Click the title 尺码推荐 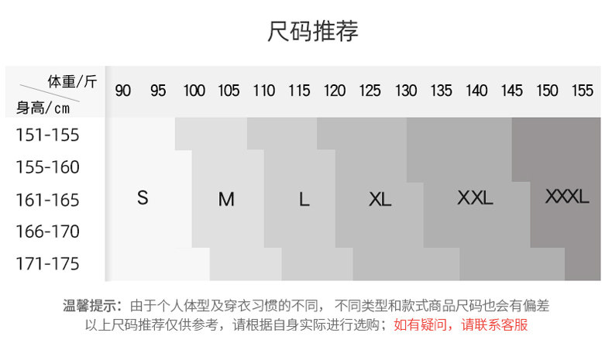[313, 32]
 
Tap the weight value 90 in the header [123, 91]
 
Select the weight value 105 [229, 91]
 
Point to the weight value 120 [335, 91]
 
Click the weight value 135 [441, 91]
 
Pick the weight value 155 [582, 91]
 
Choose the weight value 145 [511, 91]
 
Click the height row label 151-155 [48, 135]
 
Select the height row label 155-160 [48, 167]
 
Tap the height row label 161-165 [48, 200]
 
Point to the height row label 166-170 [48, 231]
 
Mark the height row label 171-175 [48, 264]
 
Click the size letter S [143, 197]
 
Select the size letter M [226, 200]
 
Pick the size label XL [380, 200]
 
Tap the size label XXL [475, 197]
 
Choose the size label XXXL [567, 196]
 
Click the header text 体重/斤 [73, 81]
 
